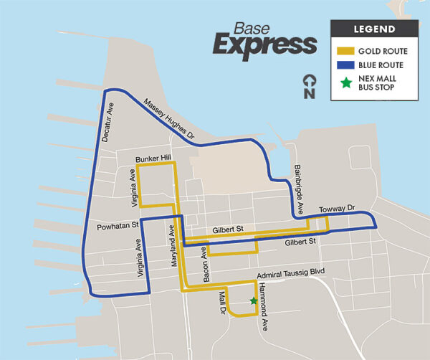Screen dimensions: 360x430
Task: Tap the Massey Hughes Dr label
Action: [168, 117]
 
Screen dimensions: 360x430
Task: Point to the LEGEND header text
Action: [373, 29]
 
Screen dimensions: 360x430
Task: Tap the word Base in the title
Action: [252, 28]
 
